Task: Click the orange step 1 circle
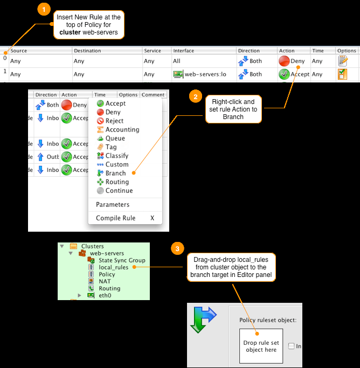click(44, 10)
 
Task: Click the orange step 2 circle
click(195, 97)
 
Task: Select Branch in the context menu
click(115, 173)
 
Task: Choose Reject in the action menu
click(114, 121)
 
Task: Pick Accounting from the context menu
click(122, 129)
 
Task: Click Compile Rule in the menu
click(115, 218)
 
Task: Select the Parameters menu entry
click(113, 205)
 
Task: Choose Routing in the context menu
click(116, 182)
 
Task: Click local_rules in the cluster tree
click(113, 267)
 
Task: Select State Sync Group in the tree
click(121, 260)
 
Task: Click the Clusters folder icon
click(74, 246)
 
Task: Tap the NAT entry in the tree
click(106, 281)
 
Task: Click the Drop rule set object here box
click(261, 346)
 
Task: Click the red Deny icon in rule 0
click(284, 61)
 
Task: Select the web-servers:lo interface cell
click(202, 74)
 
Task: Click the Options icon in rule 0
click(342, 61)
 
